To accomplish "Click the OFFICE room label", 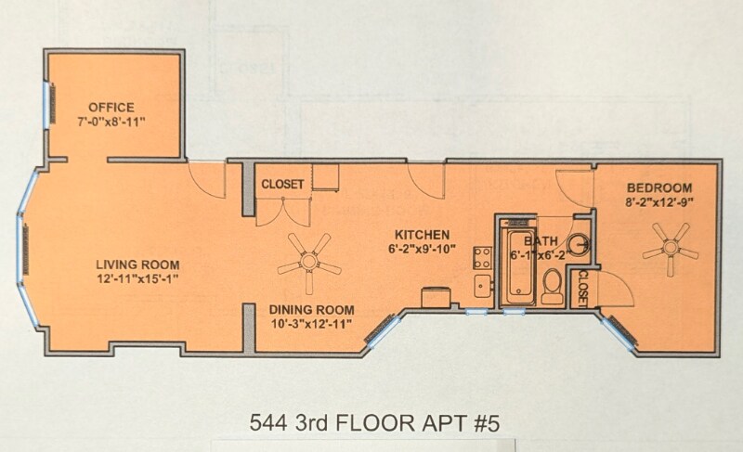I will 111,107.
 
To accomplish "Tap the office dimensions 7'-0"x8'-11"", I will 111,122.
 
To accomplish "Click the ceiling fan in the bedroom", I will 671,249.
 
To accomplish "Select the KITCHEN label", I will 423,234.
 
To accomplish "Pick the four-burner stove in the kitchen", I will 482,255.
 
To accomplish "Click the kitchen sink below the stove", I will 482,285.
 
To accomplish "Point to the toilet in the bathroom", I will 551,284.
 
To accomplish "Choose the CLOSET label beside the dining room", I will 282,185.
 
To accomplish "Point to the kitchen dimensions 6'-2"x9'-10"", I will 423,249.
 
